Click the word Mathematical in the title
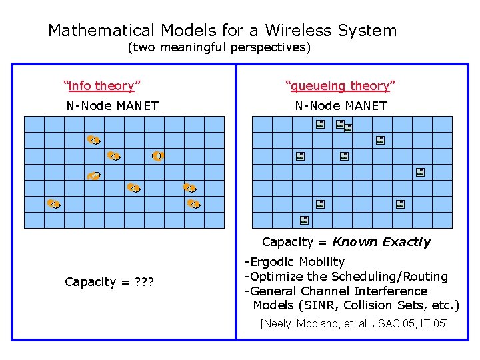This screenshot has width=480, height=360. (101, 31)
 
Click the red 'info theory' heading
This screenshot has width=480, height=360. (101, 85)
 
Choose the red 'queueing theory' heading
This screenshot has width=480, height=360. (340, 85)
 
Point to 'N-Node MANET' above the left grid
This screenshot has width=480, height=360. (112, 105)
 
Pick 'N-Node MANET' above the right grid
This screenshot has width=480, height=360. (341, 105)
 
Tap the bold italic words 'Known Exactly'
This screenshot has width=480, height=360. (381, 242)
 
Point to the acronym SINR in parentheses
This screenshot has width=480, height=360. (317, 305)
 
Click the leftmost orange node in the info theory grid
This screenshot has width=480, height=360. (54, 203)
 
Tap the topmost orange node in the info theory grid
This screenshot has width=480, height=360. (93, 140)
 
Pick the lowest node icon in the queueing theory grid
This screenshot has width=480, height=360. (303, 219)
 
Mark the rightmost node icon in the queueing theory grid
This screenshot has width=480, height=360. (420, 172)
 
